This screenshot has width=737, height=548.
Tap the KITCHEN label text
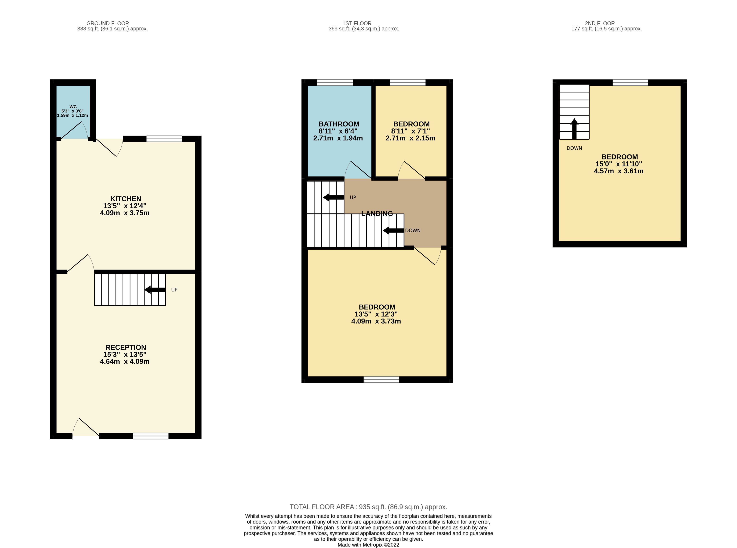tap(125, 199)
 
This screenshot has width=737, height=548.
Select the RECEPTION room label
tap(125, 347)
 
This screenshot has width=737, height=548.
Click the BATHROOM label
tap(339, 124)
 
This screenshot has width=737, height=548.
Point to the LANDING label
tap(377, 214)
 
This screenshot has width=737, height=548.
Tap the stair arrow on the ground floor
tap(155, 290)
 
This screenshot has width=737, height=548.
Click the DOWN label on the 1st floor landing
tap(413, 230)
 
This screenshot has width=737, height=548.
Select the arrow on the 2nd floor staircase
tap(574, 129)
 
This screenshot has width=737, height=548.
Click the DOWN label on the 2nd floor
tap(574, 148)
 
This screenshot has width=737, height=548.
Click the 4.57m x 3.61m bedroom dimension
tap(618, 171)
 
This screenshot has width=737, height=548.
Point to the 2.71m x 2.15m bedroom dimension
tap(410, 138)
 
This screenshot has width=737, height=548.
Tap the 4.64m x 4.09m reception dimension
tap(125, 361)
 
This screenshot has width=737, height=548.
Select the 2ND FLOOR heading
tap(600, 23)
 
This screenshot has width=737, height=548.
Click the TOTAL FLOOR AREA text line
tap(368, 507)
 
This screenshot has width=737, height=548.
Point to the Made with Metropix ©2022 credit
tap(368, 545)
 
